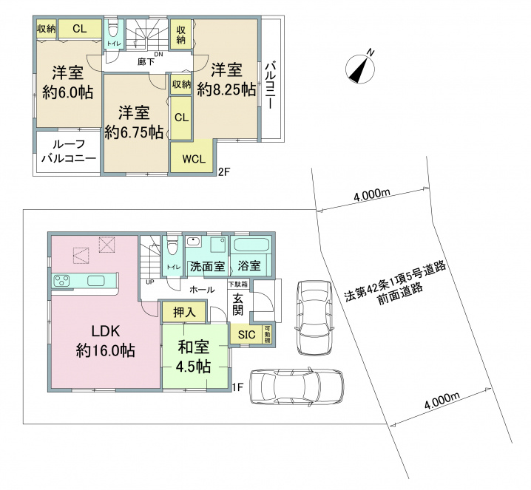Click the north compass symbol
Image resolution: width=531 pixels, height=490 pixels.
(360, 69)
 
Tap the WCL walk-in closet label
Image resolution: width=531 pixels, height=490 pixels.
(194, 159)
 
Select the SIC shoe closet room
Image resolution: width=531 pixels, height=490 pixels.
(247, 335)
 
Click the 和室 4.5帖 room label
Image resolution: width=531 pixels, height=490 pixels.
(194, 357)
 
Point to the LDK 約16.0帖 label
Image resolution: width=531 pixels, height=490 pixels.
(105, 341)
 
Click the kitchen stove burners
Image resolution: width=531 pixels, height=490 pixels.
(62, 281)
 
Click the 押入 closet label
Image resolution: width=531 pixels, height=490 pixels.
(185, 312)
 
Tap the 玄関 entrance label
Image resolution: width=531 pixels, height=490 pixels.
(237, 304)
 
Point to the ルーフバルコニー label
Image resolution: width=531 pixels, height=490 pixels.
(68, 152)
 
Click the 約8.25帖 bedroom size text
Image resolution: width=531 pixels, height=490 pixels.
(226, 90)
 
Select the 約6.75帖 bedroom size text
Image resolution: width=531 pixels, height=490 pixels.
(134, 132)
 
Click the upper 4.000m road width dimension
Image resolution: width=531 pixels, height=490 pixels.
(372, 194)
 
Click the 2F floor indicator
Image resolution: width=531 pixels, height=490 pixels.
(224, 171)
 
